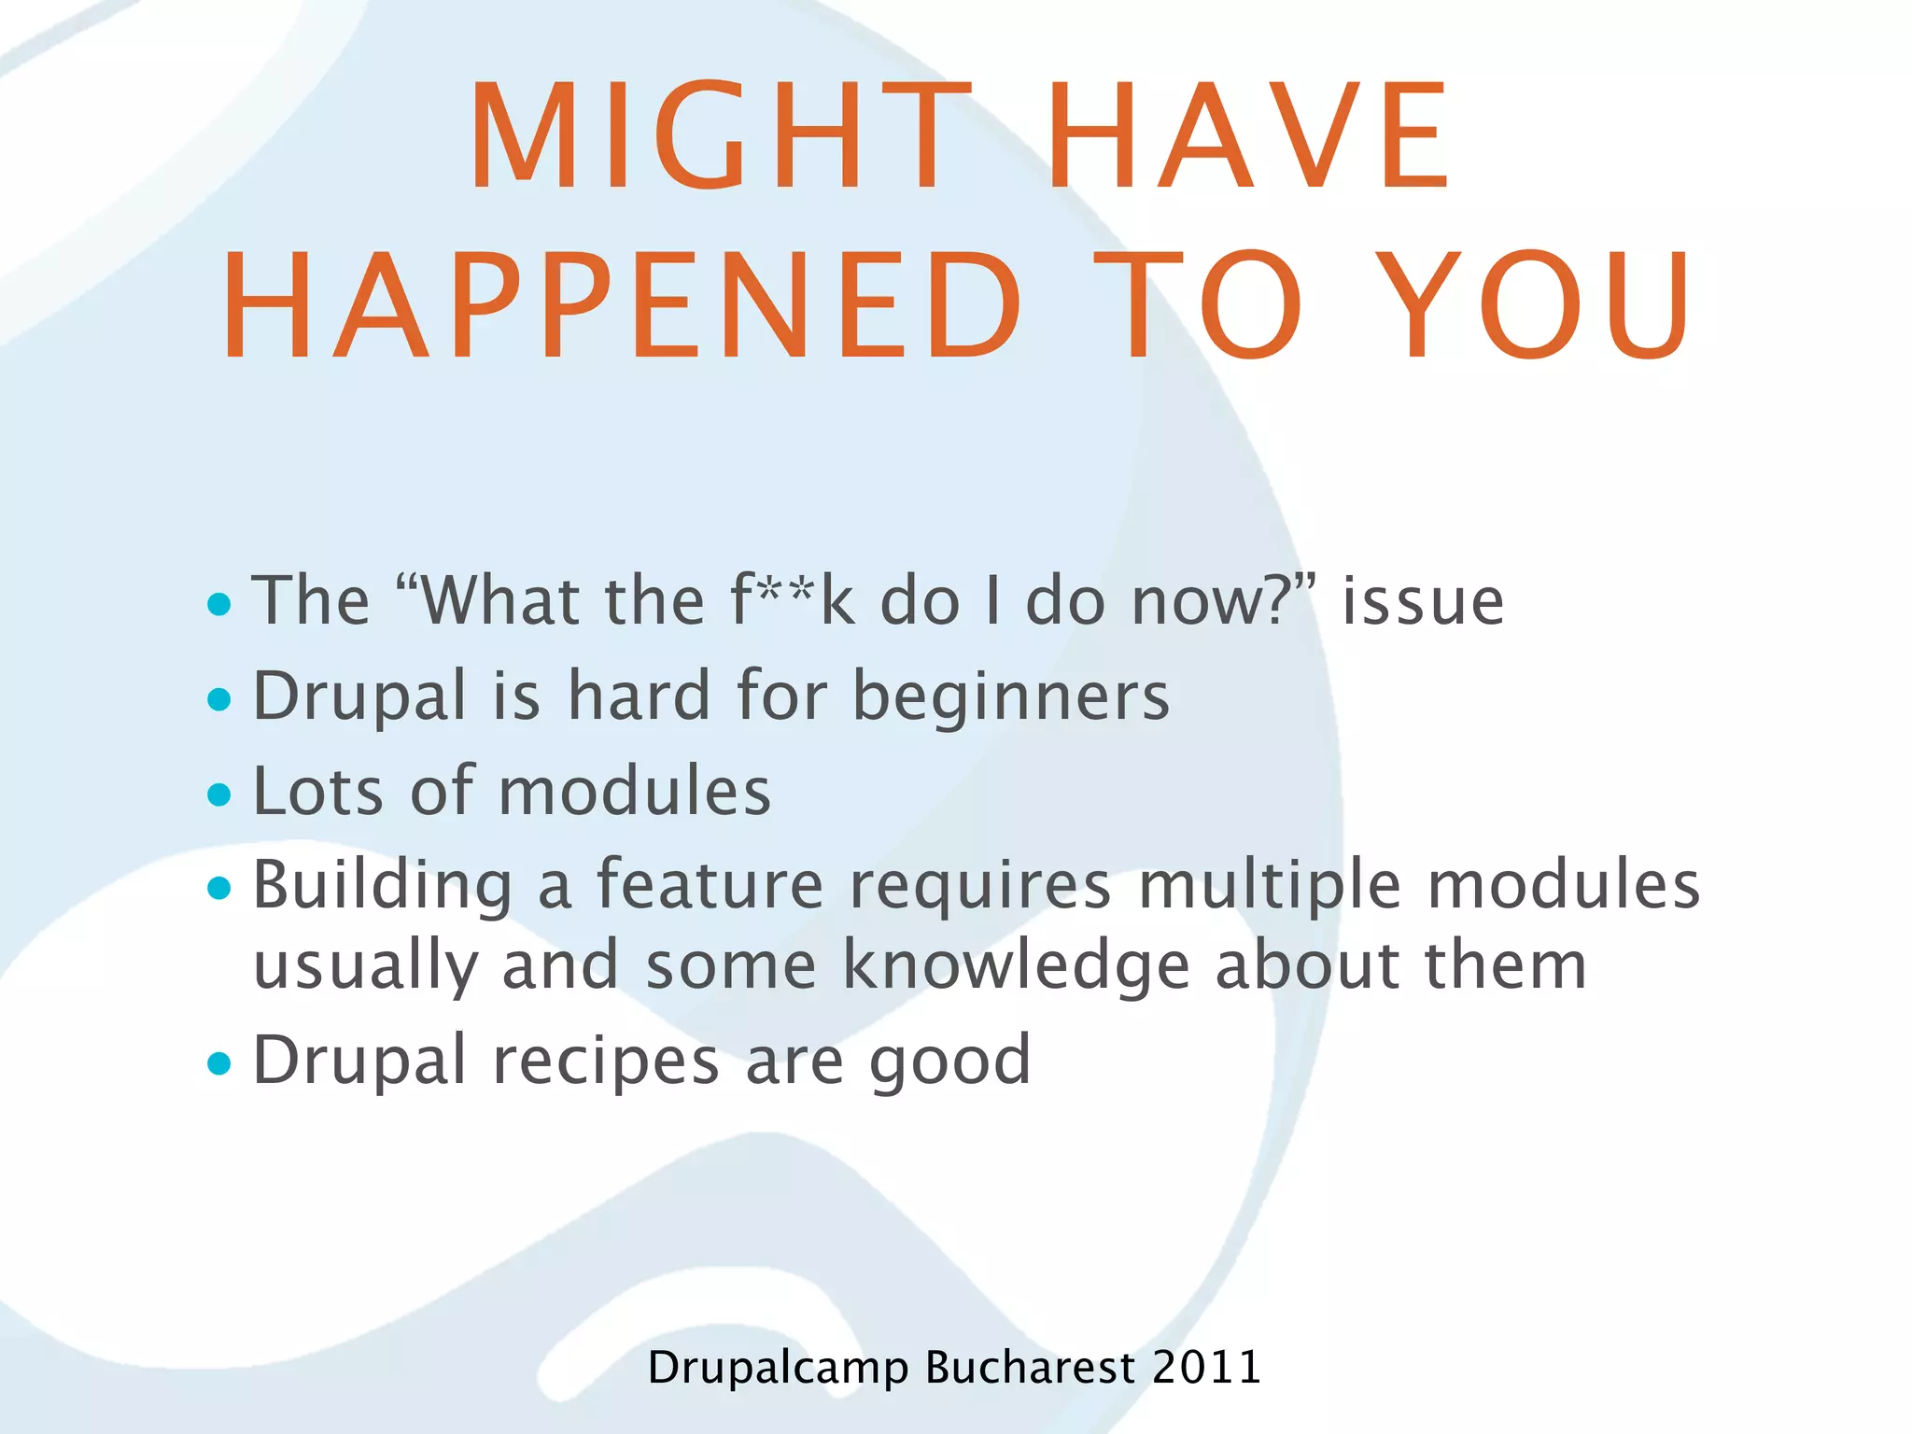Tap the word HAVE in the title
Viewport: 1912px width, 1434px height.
pyautogui.click(x=1248, y=137)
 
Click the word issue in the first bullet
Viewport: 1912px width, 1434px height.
pyautogui.click(x=1423, y=601)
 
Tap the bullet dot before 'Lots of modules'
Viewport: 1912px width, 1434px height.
pyautogui.click(x=219, y=794)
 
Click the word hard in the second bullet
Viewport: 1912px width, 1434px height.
pyautogui.click(x=640, y=696)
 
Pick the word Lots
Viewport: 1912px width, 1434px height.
pyautogui.click(x=317, y=791)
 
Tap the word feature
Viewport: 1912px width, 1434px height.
pyautogui.click(x=710, y=885)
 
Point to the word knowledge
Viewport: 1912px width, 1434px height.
pyautogui.click(x=1017, y=967)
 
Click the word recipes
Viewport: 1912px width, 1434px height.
pyautogui.click(x=606, y=1062)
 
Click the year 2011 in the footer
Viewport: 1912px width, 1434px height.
pyautogui.click(x=1206, y=1368)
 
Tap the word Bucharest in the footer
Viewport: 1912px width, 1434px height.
pyautogui.click(x=1030, y=1368)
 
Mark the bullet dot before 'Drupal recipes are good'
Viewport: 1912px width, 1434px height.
pyautogui.click(x=219, y=1063)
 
